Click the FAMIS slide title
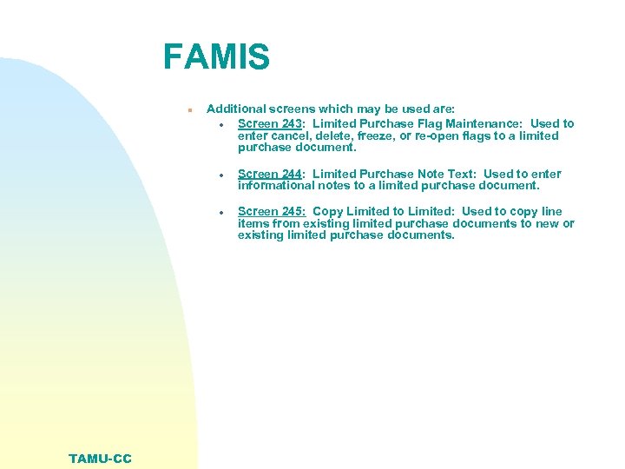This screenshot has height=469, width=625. coord(216,57)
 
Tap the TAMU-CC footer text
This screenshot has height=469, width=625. coord(101,458)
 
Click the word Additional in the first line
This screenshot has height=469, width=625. coord(236,109)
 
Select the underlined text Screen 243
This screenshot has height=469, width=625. coord(270,124)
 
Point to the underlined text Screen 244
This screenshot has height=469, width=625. coord(270,174)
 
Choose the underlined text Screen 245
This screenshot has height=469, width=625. coord(271,211)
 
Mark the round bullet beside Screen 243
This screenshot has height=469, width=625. coord(223,124)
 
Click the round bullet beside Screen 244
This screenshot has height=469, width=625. coord(223,174)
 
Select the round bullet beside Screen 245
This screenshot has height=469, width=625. coord(223,211)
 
